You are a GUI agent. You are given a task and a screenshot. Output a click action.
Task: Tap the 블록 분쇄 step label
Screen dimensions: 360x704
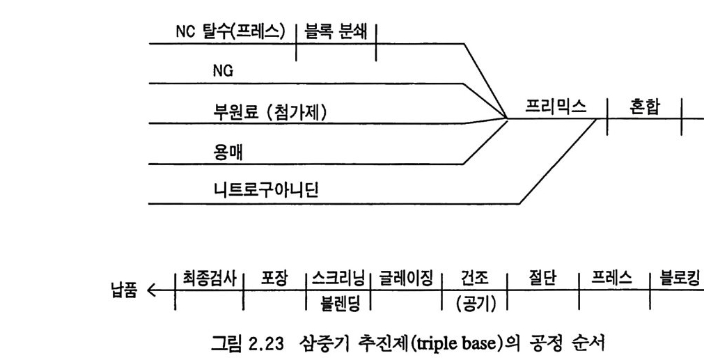click(336, 32)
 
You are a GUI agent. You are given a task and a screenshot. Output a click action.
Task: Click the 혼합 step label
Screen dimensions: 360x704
click(645, 107)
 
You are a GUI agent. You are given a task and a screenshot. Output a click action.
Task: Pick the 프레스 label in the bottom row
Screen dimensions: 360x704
click(614, 277)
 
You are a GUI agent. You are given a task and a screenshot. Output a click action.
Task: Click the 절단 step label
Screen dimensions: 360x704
click(543, 277)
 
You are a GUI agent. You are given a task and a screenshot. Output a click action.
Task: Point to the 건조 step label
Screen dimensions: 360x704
click(475, 277)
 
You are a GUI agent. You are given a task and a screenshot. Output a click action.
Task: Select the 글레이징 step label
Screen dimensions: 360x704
click(407, 277)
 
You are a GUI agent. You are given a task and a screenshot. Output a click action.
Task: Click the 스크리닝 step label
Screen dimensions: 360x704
click(339, 277)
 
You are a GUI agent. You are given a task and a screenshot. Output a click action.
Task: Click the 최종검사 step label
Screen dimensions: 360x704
click(209, 277)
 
